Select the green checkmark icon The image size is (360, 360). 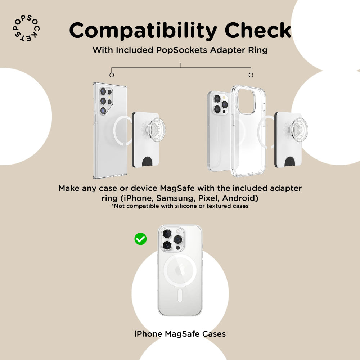(x=140, y=239)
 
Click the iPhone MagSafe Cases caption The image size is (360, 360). (x=180, y=334)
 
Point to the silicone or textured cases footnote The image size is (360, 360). (x=180, y=206)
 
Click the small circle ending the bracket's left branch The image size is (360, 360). (x=112, y=75)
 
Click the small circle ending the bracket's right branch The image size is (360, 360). (x=251, y=75)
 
